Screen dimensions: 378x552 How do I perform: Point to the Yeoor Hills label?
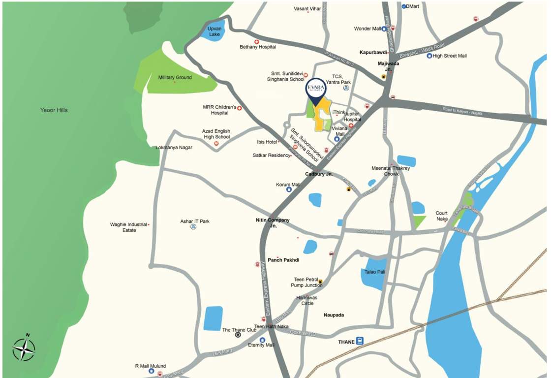point(54,110)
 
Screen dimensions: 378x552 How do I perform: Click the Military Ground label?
point(175,78)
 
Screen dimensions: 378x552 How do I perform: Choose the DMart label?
point(414,6)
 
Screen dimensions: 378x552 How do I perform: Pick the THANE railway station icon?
point(360,341)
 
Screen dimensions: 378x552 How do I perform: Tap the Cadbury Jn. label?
point(319,174)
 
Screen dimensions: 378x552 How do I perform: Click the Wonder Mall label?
point(368,29)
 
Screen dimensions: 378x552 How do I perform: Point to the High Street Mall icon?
point(429,56)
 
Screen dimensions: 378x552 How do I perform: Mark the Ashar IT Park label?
point(195,221)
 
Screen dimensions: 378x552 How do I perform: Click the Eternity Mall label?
point(261,345)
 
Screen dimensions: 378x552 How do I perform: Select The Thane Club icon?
point(238,335)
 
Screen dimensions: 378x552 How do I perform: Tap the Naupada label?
point(334,315)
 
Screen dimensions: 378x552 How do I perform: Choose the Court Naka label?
point(441,216)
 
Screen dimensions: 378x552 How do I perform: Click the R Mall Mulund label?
point(151,366)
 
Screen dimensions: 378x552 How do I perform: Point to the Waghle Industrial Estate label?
point(128,227)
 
